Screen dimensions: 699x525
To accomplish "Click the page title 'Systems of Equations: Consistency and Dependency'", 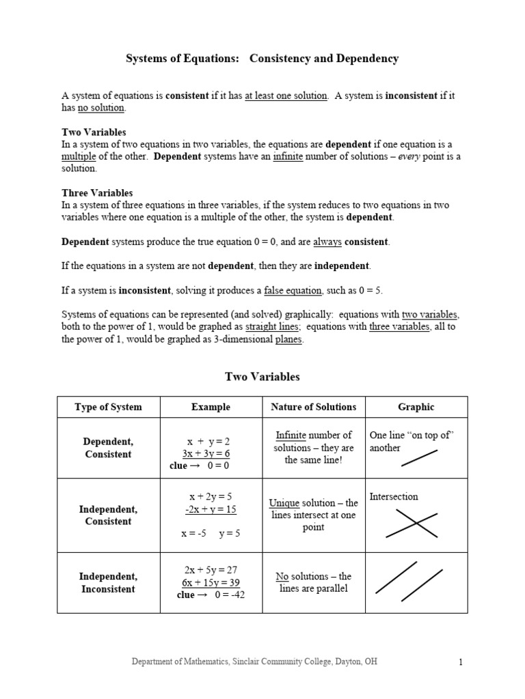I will tap(262, 59).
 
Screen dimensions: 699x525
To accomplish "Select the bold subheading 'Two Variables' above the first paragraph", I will tap(94, 132).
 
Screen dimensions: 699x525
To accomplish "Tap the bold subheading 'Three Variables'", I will tap(97, 192).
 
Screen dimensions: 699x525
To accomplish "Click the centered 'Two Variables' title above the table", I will tap(262, 376).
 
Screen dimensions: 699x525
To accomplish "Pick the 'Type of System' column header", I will tap(108, 407).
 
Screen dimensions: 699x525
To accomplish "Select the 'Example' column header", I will tap(211, 407).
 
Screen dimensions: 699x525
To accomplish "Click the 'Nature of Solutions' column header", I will tap(313, 407).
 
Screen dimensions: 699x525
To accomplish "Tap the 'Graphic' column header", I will tap(416, 407).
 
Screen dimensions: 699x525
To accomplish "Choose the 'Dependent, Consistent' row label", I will tap(108, 448).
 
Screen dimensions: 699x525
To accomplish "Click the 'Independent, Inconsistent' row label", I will tap(108, 582).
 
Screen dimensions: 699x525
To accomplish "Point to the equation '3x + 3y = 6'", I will tap(206, 453).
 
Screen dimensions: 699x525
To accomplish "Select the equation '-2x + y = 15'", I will tap(210, 509).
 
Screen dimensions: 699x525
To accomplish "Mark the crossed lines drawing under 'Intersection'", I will tap(412, 524).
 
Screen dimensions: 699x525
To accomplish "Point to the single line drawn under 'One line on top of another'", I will tap(419, 458).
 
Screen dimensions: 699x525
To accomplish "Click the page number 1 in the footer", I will tap(461, 662).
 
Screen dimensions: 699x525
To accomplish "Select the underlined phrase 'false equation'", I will tap(293, 290).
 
